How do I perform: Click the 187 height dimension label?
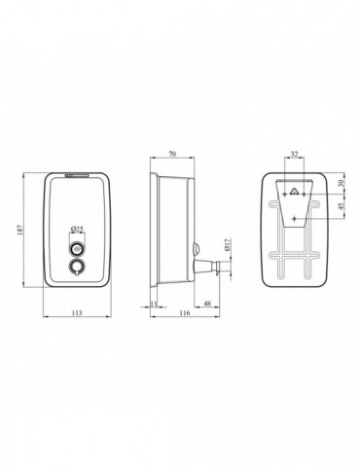click(x=19, y=231)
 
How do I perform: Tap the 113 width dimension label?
click(x=77, y=313)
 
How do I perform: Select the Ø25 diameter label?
click(x=77, y=230)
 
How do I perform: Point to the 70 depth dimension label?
click(x=172, y=154)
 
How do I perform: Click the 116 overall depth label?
click(x=184, y=313)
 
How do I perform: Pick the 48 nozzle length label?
click(x=207, y=304)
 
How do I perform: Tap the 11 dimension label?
click(x=154, y=304)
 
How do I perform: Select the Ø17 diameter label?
click(x=227, y=244)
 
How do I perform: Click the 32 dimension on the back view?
click(x=294, y=155)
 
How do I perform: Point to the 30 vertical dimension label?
click(x=341, y=183)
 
